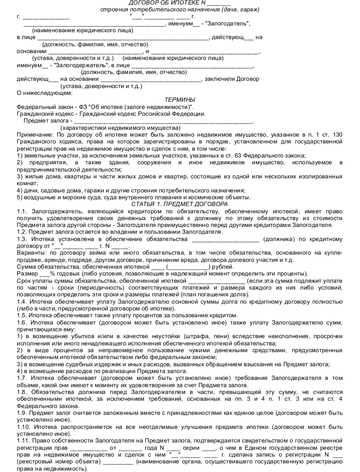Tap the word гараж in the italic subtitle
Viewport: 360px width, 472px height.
coord(248,10)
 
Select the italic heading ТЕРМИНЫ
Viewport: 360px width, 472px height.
coord(180,99)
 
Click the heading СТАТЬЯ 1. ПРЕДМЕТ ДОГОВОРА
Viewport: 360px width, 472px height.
coord(180,204)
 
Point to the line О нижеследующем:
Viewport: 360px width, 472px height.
coord(44,93)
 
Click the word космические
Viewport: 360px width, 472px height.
coord(208,197)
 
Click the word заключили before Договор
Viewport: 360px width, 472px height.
coord(220,79)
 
